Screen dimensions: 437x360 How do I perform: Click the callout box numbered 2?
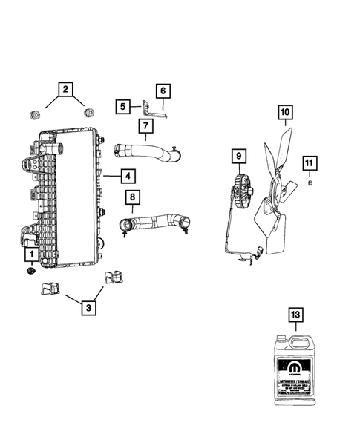pyautogui.click(x=65, y=91)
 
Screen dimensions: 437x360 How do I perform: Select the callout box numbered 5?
pyautogui.click(x=122, y=107)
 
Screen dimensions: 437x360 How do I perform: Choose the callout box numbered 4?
pyautogui.click(x=128, y=177)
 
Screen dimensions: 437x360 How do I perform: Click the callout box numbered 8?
pyautogui.click(x=132, y=197)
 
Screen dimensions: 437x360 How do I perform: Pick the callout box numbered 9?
pyautogui.click(x=238, y=157)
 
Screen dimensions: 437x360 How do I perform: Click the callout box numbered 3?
pyautogui.click(x=89, y=307)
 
